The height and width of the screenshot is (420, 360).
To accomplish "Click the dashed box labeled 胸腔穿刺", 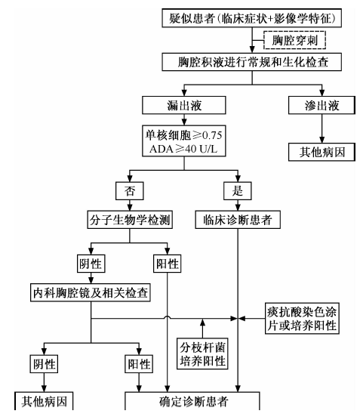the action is click(294, 40).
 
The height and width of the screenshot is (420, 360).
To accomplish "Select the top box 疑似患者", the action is click(251, 18).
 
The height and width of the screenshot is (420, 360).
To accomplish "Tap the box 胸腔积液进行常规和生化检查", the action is click(251, 62).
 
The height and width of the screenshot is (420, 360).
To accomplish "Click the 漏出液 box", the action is click(184, 105).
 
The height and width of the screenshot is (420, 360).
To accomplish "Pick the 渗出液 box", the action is click(322, 105).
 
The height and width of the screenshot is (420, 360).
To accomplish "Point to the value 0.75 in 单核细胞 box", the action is click(212, 135).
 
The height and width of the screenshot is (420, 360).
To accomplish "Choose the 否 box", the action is click(130, 190).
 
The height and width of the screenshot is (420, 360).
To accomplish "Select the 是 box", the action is click(238, 190).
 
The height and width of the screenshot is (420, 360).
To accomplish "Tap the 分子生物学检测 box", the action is click(130, 220).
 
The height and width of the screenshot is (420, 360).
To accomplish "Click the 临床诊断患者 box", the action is click(238, 220).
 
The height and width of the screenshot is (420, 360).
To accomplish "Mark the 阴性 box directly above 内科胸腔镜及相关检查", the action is click(91, 264).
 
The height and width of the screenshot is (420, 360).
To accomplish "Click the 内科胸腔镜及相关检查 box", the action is click(91, 292).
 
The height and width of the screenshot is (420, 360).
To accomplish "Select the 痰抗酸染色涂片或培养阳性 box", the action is click(302, 319).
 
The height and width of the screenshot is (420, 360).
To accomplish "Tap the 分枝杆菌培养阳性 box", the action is click(202, 354).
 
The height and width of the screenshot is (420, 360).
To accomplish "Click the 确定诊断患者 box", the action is click(192, 401).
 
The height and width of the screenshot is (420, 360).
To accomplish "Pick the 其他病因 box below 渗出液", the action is click(322, 152).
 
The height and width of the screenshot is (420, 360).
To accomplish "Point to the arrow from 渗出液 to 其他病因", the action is click(322, 128).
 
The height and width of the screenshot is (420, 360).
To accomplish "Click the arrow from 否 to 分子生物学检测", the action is click(130, 205).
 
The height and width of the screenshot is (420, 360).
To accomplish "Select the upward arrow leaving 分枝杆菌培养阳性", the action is click(202, 329).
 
